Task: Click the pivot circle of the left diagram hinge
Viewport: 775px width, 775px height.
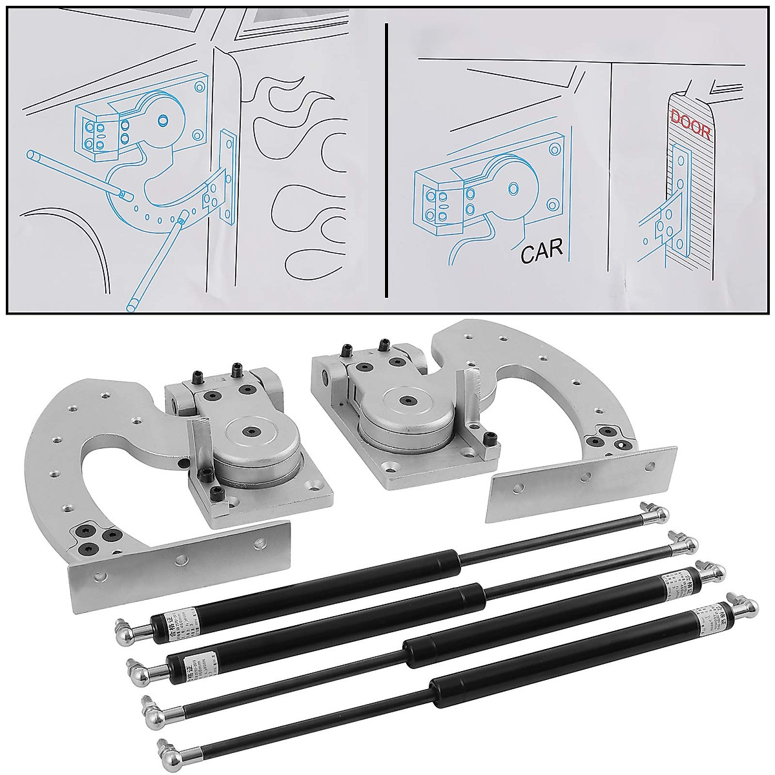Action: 163,118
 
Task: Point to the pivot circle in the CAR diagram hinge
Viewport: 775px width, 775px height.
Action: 515,187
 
